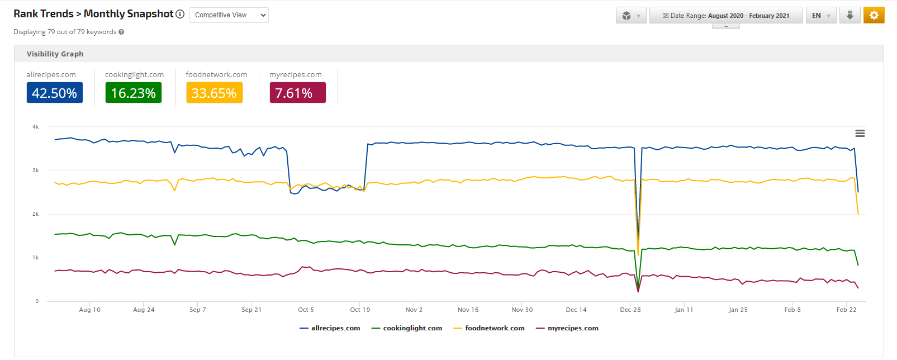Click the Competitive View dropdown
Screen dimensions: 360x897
(x=229, y=15)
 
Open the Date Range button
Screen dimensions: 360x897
(x=725, y=16)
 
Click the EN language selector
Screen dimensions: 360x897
(x=820, y=16)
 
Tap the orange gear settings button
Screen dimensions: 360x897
(x=874, y=15)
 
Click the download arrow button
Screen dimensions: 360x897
(x=849, y=15)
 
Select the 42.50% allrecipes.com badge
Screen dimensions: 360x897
(x=55, y=93)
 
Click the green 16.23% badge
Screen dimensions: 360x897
(x=134, y=93)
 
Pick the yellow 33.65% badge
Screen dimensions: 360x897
(x=214, y=93)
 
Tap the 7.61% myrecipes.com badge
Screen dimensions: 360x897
(x=297, y=93)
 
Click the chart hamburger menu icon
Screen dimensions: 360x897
(x=860, y=134)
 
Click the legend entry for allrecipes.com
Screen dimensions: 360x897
(x=335, y=328)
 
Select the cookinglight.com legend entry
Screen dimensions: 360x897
(x=412, y=328)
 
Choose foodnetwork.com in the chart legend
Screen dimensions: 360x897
(x=494, y=328)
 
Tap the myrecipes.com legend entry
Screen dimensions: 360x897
(x=572, y=328)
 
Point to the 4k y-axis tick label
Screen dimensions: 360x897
(x=36, y=127)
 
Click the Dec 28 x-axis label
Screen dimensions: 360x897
(x=630, y=310)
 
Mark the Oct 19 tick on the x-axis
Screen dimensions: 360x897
(x=360, y=310)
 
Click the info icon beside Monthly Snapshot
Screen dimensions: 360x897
(x=180, y=14)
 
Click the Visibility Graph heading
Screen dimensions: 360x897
(x=55, y=54)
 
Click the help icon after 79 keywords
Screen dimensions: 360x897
(x=121, y=32)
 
